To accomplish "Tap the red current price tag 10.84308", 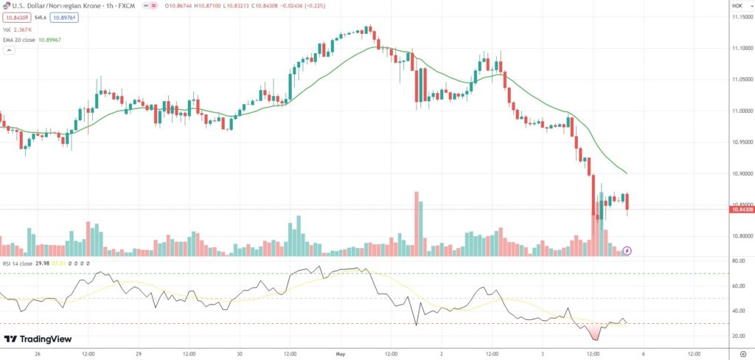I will (x=741, y=210).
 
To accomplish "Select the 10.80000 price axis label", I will (x=741, y=237).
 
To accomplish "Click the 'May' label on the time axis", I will (x=341, y=353).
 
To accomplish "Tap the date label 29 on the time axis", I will (x=139, y=353).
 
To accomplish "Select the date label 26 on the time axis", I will (x=38, y=353).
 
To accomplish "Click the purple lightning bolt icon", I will (x=627, y=251).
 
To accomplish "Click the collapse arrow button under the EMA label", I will (x=9, y=51).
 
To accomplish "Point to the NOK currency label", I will (x=736, y=6).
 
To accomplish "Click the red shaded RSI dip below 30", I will (x=595, y=333).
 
